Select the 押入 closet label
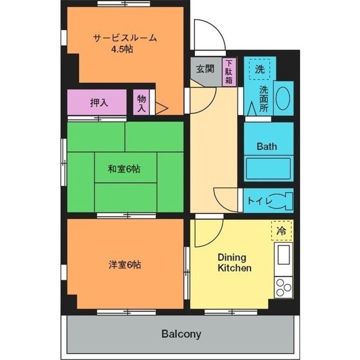coord(99,103)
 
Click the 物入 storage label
coord(141,103)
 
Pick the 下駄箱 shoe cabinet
coord(228,72)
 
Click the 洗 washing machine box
coord(259,69)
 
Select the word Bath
coord(266,146)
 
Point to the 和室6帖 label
coord(124,169)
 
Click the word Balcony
coord(181,333)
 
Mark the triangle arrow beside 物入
coord(162,107)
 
